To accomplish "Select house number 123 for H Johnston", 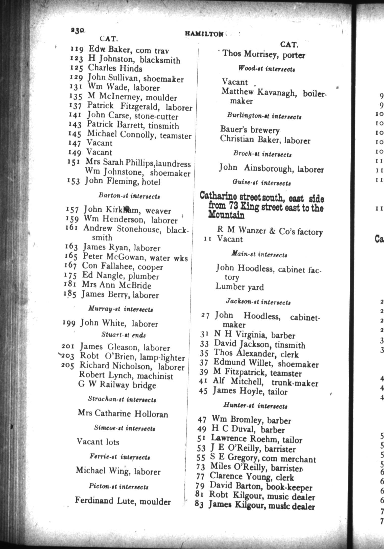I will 76,59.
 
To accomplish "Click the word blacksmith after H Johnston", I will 160,61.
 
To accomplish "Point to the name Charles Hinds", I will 115,68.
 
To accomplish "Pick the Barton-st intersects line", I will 129,196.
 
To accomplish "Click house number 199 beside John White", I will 69,323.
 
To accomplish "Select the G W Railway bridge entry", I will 117,385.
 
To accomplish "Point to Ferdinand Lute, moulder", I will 123,501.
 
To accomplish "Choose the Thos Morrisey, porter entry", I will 263,54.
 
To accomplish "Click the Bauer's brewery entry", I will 250,130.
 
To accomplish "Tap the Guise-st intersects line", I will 261,183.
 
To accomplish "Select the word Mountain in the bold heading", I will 226,215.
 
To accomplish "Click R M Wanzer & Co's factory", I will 270,231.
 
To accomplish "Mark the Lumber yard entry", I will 239,287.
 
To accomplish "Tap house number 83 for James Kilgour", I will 199,504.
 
